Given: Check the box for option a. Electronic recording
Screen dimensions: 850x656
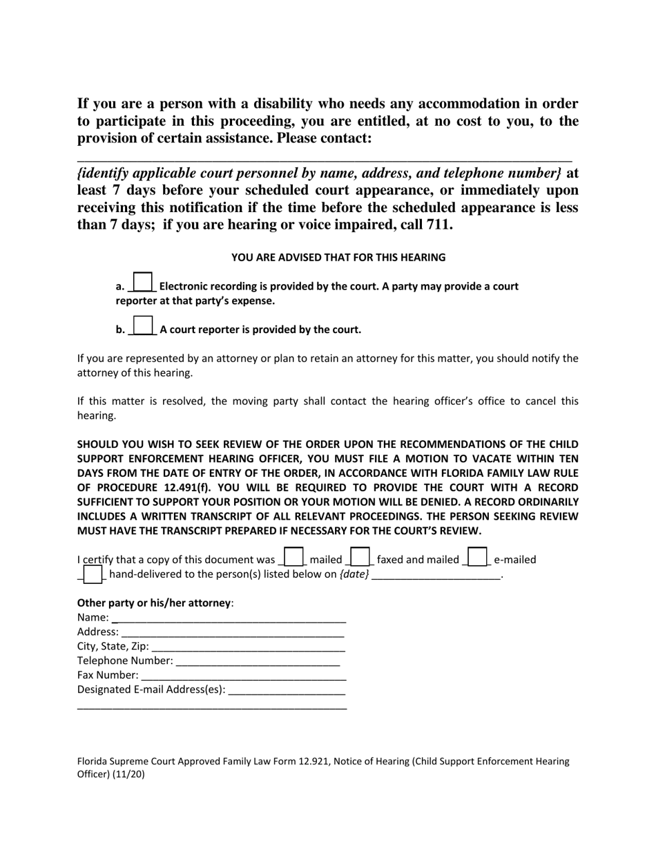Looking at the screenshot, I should point(142,282).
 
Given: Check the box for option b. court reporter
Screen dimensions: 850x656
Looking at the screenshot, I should point(142,325).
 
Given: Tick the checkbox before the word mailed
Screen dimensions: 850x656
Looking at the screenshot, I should point(293,557).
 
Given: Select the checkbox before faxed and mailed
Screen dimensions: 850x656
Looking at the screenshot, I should point(360,557).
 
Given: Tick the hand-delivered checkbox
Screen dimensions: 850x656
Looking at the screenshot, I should point(93,574).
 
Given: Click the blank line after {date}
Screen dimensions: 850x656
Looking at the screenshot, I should point(436,575).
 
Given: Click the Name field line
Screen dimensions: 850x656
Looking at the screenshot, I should point(229,617).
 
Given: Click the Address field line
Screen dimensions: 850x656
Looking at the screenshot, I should point(232,632).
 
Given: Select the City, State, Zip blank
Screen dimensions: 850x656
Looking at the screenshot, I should point(248,646).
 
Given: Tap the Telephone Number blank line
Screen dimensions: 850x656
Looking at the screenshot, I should point(258,661).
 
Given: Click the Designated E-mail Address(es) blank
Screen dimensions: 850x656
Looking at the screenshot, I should point(286,690).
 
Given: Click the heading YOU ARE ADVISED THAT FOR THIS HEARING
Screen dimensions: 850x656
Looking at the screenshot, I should point(338,258).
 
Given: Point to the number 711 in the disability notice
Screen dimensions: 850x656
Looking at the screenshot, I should point(439,225).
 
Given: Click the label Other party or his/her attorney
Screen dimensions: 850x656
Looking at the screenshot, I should point(155,603).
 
